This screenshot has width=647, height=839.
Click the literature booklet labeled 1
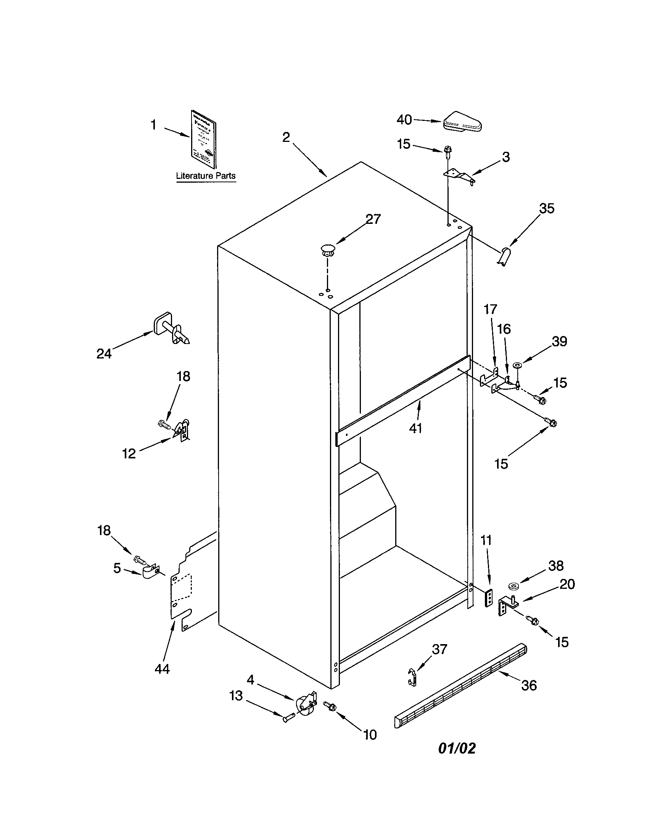coord(203,139)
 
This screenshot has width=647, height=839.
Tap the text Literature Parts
coord(206,176)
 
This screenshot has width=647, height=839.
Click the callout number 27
coord(372,219)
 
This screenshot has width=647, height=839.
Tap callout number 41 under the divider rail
coord(415,428)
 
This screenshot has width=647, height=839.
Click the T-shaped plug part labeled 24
coord(172,331)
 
